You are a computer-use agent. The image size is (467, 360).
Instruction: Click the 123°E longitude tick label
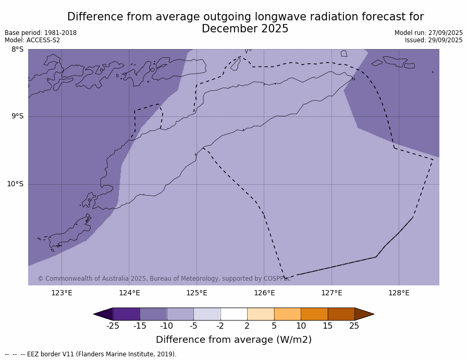[x=62, y=293]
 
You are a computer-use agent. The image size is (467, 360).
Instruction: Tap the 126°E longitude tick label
[x=264, y=293]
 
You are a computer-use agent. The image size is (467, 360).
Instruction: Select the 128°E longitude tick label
[x=399, y=293]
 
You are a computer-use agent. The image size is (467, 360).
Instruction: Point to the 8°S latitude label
[x=17, y=50]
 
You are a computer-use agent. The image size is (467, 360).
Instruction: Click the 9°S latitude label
[x=17, y=116]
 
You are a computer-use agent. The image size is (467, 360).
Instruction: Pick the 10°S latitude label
[x=15, y=184]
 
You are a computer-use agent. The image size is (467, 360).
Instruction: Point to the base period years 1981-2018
[x=58, y=33]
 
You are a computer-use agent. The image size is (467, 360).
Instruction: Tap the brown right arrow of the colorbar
[x=363, y=314]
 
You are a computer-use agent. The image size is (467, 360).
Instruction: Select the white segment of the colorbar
[x=233, y=314]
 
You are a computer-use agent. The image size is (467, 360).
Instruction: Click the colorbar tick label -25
[x=113, y=326]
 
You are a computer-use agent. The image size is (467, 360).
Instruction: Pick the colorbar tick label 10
[x=301, y=326]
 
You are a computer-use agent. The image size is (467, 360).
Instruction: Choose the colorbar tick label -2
[x=220, y=326]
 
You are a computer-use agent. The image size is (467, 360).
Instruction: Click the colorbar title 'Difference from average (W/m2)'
[x=233, y=340]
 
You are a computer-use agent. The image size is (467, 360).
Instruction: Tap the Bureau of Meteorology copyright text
[x=164, y=279]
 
